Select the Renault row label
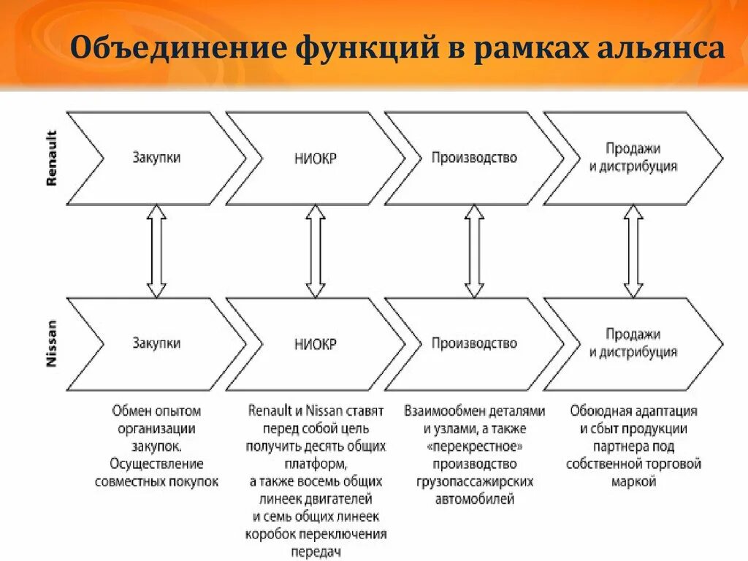tap(51, 158)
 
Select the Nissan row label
tap(51, 344)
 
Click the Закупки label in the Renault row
tap(156, 158)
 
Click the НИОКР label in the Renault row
tap(316, 159)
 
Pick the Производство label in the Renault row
tap(474, 158)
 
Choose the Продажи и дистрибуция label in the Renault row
tap(633, 158)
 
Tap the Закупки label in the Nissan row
tap(156, 343)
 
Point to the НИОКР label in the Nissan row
tap(316, 344)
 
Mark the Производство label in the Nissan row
tap(474, 343)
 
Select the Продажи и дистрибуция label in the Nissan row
tap(633, 343)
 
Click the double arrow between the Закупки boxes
tap(156, 251)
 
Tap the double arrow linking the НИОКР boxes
tap(316, 251)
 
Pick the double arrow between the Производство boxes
tap(475, 251)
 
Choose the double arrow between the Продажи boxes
tap(633, 251)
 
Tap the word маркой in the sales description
tap(633, 481)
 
